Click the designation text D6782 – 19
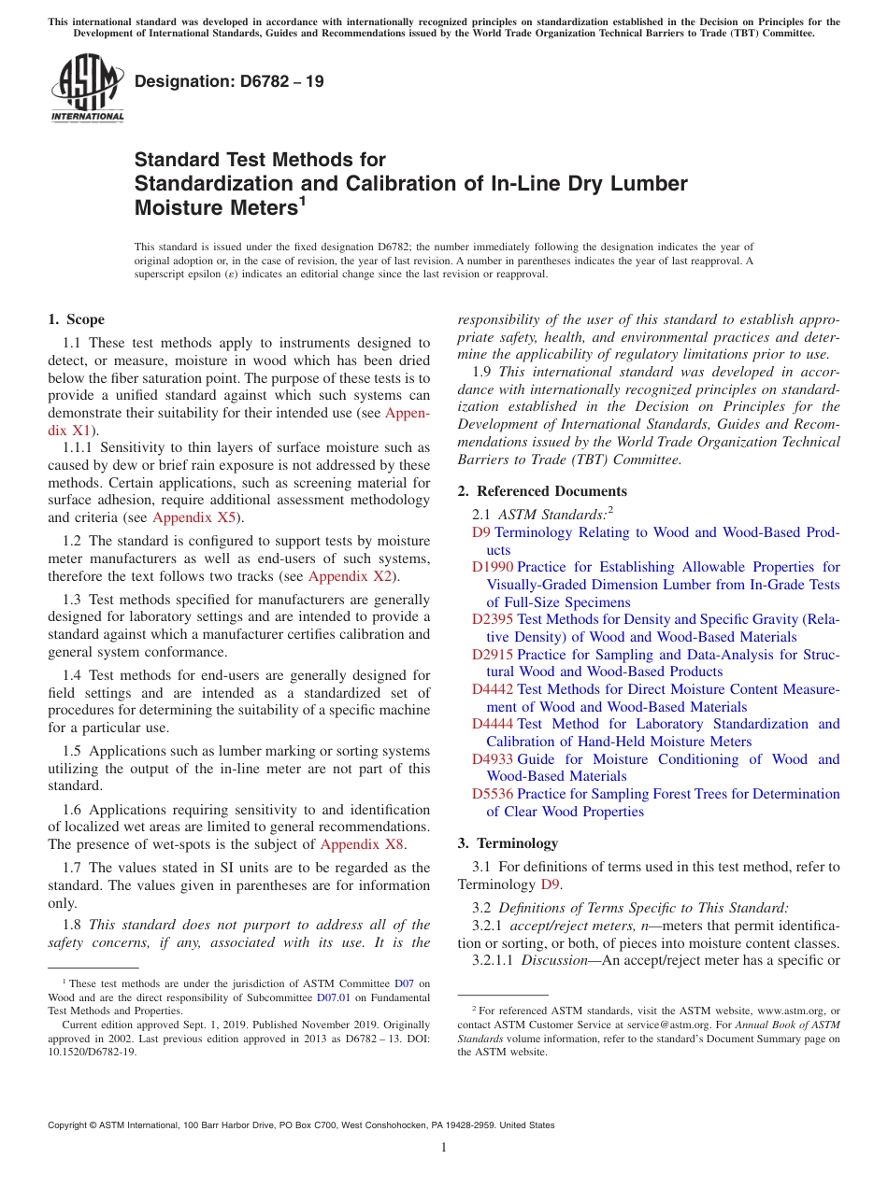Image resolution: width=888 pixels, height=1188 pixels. (229, 81)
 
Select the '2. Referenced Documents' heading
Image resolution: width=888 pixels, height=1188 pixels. (542, 491)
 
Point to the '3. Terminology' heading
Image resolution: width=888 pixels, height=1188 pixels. (508, 843)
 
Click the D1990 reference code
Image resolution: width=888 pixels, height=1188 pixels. (492, 567)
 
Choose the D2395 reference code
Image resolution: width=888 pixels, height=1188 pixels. (492, 619)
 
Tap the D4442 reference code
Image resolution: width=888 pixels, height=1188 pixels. (492, 689)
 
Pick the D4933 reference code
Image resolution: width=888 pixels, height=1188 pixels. (492, 759)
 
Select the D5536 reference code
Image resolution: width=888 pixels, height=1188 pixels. (492, 794)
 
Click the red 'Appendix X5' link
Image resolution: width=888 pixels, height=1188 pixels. (195, 517)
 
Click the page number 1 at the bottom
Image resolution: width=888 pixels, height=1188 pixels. (444, 1147)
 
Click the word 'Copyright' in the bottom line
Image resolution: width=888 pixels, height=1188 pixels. (70, 1125)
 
